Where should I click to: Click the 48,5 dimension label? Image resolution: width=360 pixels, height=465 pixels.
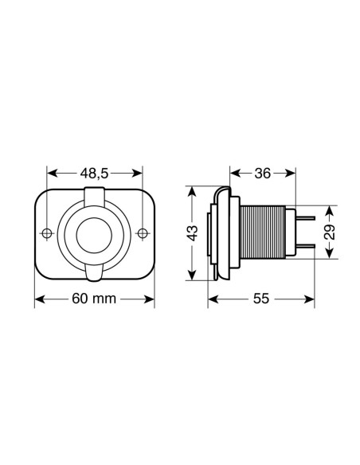pos(95,173)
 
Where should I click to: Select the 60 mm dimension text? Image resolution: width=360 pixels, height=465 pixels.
pos(95,299)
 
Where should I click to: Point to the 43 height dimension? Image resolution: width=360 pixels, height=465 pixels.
pos(192,234)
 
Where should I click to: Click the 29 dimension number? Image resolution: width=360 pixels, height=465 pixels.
pos(331,232)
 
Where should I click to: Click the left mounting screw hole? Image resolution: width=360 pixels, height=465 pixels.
pos(47,232)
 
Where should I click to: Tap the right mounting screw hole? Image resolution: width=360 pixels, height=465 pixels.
pos(143,232)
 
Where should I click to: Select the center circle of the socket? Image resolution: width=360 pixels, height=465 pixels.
pos(95,232)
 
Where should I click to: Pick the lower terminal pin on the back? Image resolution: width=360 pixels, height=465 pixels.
pos(307,248)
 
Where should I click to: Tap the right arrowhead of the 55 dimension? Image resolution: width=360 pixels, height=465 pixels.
pos(309,299)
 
